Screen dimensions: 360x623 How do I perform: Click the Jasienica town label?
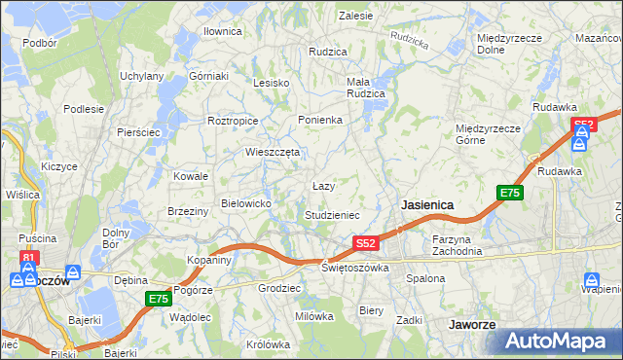pyautogui.click(x=427, y=205)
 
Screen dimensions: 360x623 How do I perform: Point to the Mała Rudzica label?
pyautogui.click(x=366, y=88)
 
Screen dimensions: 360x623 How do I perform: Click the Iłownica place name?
pyautogui.click(x=222, y=31)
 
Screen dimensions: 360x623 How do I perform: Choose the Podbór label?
pyautogui.click(x=40, y=43)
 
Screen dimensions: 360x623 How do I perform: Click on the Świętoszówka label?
pyautogui.click(x=355, y=268)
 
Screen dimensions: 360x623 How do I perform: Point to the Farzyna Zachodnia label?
pyautogui.click(x=458, y=244)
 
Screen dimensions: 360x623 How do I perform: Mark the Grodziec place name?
pyautogui.click(x=278, y=289)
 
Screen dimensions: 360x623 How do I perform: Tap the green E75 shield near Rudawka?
pyautogui.click(x=511, y=193)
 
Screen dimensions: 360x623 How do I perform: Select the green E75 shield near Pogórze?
pyautogui.click(x=159, y=299)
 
